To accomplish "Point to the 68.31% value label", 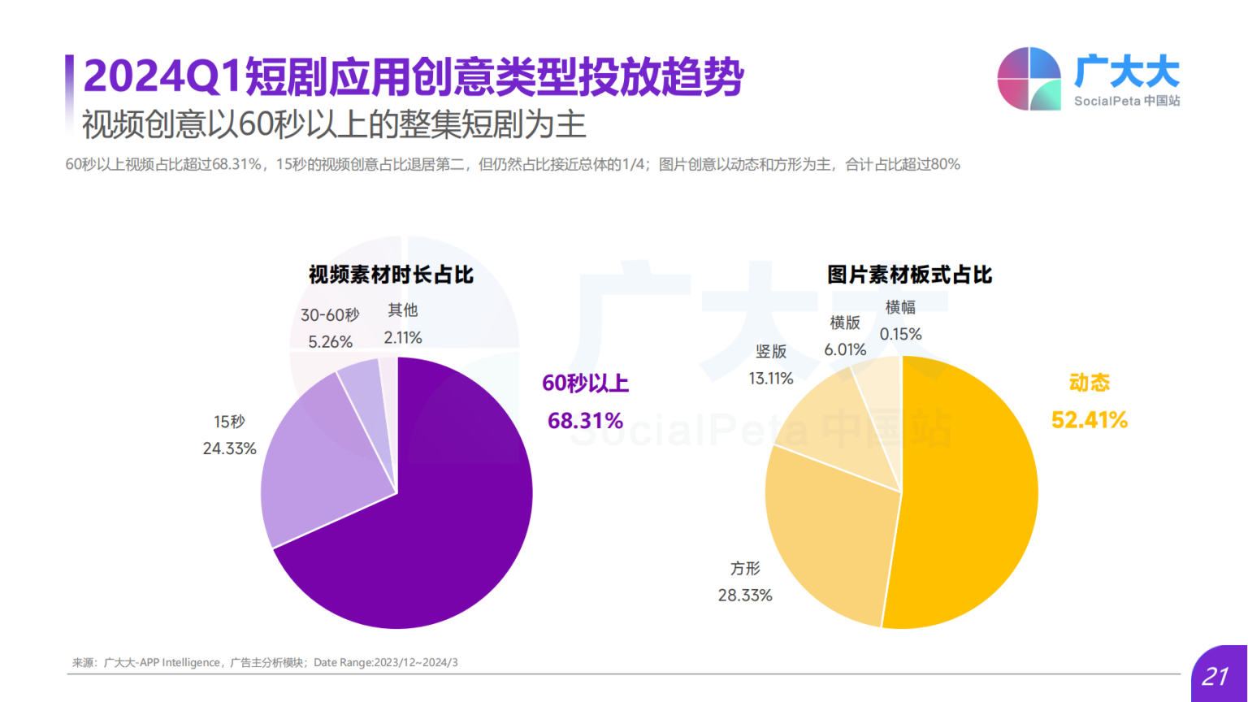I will tap(585, 421).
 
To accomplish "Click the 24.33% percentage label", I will tap(229, 448).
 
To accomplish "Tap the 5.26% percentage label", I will tap(330, 342).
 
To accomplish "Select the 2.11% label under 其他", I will tap(403, 337).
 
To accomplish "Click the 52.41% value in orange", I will tap(1089, 420).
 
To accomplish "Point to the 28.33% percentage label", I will tap(744, 596).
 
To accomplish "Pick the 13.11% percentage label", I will tap(770, 378).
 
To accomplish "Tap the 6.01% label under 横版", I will tap(845, 349).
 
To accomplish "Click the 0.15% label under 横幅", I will tap(900, 334).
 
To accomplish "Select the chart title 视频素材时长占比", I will tap(391, 275).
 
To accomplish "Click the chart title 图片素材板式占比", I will tap(909, 275).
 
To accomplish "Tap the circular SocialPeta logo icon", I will tap(1029, 79).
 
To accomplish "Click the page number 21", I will tap(1215, 676).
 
